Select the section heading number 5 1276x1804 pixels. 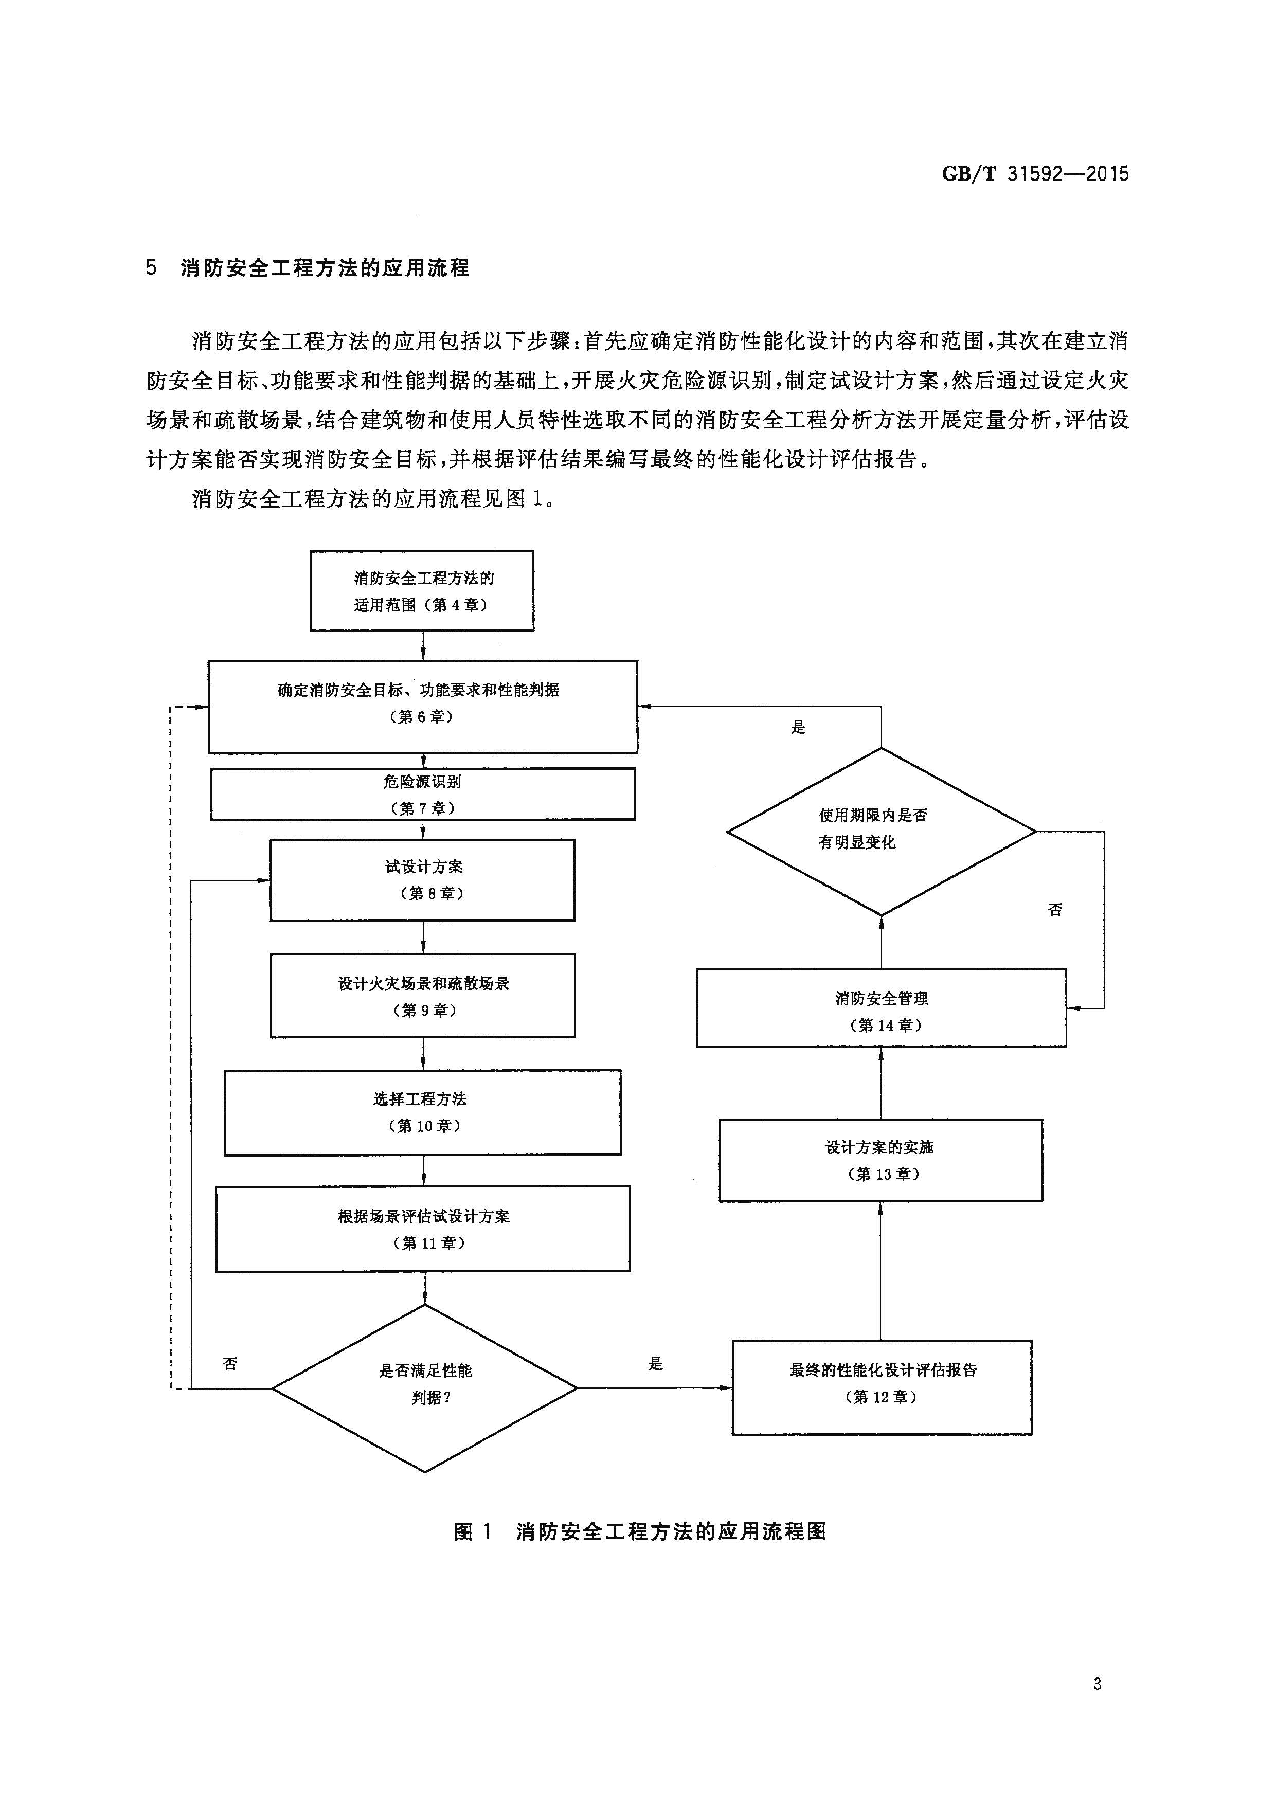point(151,268)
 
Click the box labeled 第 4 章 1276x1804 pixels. point(422,591)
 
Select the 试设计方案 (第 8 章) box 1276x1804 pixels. point(422,880)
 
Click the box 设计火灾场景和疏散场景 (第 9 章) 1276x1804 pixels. point(423,996)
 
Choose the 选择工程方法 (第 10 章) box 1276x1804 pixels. point(423,1112)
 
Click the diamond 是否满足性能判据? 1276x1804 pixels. point(424,1388)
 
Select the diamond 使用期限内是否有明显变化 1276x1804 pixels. point(881,831)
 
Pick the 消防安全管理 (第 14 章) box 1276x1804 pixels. point(881,1008)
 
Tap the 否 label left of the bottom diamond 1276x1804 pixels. point(229,1364)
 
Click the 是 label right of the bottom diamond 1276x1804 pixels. point(655,1364)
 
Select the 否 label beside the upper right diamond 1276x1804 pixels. point(1055,909)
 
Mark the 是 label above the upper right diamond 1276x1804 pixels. point(798,728)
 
